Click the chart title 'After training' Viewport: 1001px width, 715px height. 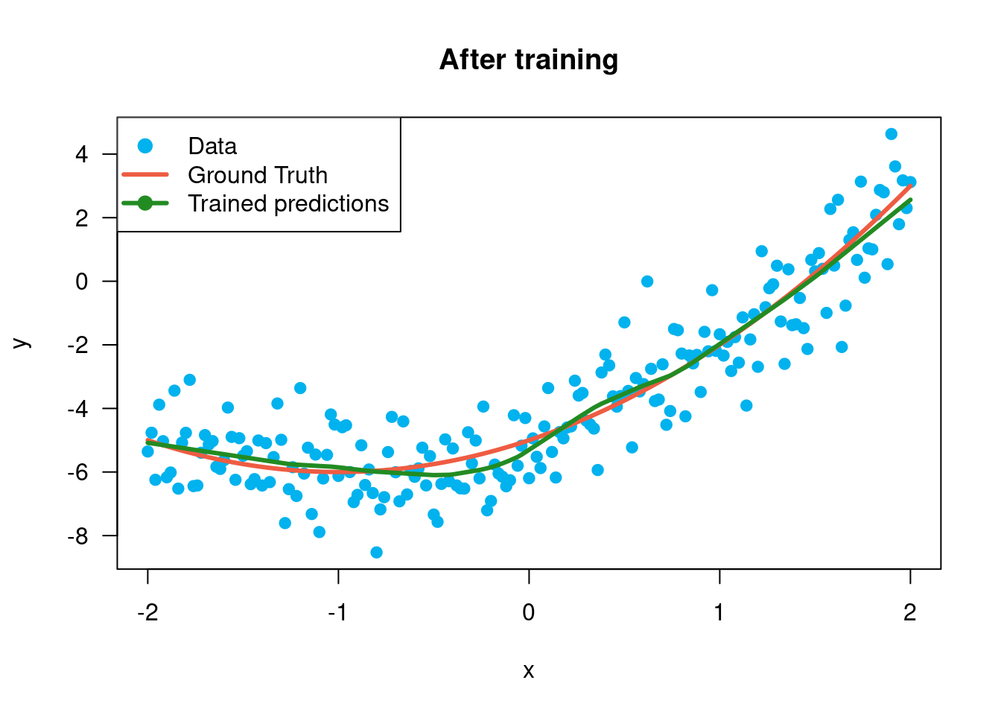click(x=529, y=60)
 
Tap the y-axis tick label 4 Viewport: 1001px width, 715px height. click(x=81, y=154)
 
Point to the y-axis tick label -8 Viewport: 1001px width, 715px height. click(x=77, y=536)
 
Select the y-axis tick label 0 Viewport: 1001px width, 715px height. click(x=81, y=282)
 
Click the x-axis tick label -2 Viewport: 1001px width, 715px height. click(x=147, y=612)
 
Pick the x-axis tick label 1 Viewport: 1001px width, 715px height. click(x=719, y=612)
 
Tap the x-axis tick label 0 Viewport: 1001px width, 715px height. click(x=529, y=612)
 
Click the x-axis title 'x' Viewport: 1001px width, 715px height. click(x=529, y=671)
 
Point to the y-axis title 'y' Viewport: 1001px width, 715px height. click(x=21, y=343)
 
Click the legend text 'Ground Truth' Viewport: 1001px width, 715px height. click(x=258, y=175)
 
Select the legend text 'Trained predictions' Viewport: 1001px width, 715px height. click(x=288, y=203)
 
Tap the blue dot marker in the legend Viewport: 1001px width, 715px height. click(x=145, y=146)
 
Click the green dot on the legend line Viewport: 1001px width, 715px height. click(x=145, y=203)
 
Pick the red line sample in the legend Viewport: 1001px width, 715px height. click(x=145, y=175)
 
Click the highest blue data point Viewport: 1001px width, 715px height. click(x=891, y=134)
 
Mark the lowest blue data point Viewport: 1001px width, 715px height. click(x=376, y=553)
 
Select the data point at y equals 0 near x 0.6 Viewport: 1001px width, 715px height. click(x=647, y=282)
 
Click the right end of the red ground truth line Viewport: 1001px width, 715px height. click(x=911, y=185)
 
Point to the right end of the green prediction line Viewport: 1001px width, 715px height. click(x=910, y=200)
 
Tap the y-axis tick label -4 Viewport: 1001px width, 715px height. click(x=77, y=409)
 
